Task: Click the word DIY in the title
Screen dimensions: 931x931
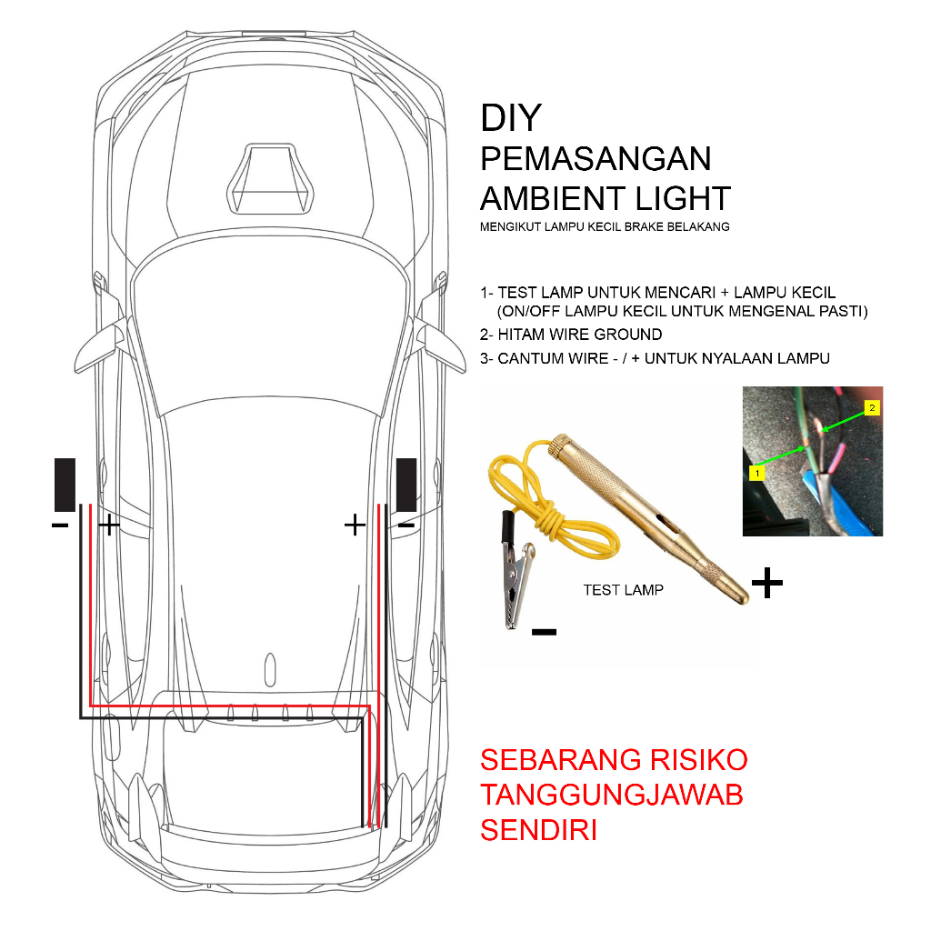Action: pos(511,118)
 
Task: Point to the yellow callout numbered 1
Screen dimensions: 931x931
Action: pos(755,473)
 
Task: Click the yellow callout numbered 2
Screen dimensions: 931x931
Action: pos(872,408)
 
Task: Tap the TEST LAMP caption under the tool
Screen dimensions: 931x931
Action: pos(623,590)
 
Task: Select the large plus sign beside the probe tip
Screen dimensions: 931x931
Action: pos(767,584)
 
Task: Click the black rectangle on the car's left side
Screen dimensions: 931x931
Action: pos(65,485)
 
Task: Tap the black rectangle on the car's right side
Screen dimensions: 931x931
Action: pos(406,485)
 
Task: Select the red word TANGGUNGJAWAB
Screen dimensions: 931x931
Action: pos(612,795)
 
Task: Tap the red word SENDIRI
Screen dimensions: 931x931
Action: pos(538,830)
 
